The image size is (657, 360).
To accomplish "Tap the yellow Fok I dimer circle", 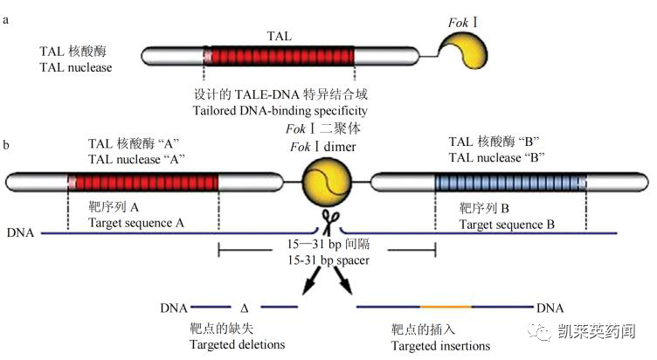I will click(x=326, y=182).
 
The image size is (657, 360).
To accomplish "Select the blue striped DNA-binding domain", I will click(x=510, y=182).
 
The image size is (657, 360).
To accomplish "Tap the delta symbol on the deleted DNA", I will click(x=245, y=308).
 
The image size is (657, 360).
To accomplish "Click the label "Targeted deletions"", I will click(x=237, y=344).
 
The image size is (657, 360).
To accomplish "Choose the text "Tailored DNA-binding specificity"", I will click(x=280, y=111).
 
